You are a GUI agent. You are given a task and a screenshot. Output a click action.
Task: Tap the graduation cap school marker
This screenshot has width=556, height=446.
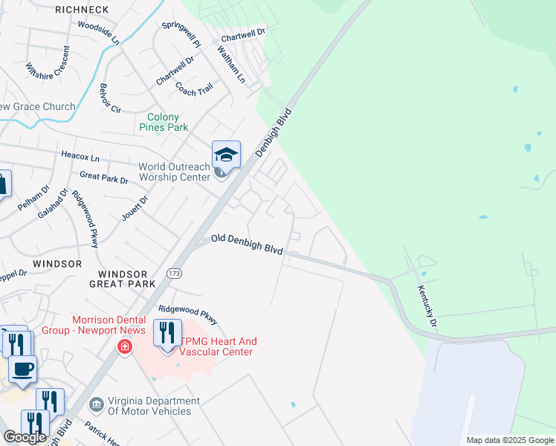coord(226,155)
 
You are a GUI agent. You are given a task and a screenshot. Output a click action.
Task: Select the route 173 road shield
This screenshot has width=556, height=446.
coord(175,274)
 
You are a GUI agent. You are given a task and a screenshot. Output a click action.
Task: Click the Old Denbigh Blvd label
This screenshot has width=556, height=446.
coord(247,244)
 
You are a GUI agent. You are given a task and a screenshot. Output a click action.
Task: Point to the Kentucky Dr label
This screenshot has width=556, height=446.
coord(427,305)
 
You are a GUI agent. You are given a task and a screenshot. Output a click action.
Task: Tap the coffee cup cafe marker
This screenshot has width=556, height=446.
coord(22,369)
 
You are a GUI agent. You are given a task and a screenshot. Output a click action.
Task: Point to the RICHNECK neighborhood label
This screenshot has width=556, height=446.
coord(83,10)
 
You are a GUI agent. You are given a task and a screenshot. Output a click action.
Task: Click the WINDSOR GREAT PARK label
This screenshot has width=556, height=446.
coord(122,279)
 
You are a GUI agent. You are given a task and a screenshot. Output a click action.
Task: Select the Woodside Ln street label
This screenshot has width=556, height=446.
coord(98,33)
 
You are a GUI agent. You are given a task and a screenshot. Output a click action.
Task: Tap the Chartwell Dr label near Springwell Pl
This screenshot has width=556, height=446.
coord(243,34)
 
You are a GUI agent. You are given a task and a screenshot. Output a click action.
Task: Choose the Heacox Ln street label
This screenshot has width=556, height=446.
coord(80,157)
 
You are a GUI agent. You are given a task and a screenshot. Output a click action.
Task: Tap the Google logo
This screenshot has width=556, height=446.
coord(25,437)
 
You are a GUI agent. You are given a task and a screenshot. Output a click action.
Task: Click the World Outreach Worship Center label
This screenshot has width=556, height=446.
coord(175,172)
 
